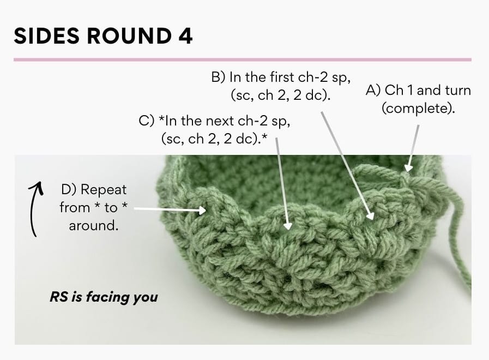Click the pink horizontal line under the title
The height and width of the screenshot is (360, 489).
(242, 59)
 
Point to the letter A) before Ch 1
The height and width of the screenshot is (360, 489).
(375, 90)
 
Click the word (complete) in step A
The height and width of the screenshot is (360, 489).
(418, 108)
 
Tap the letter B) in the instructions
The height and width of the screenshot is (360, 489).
(219, 77)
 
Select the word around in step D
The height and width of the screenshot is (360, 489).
(93, 225)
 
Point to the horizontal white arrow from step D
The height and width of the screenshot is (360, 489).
(169, 208)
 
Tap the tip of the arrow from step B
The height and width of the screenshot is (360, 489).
(371, 217)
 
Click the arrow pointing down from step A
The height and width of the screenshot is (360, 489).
(413, 147)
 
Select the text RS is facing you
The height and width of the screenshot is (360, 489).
(103, 297)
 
